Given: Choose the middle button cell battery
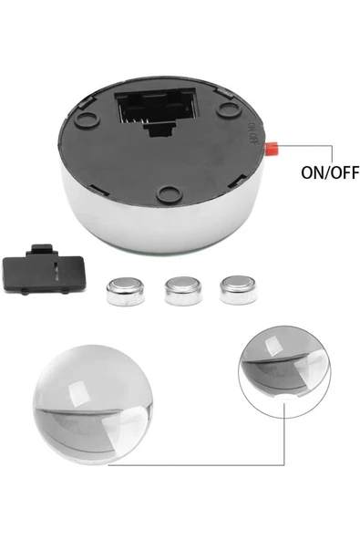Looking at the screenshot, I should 179,290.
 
